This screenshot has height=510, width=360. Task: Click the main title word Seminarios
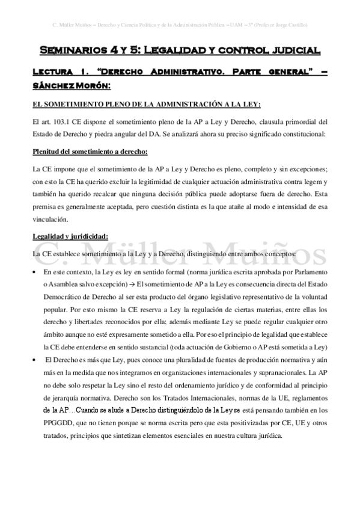pos(73,50)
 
